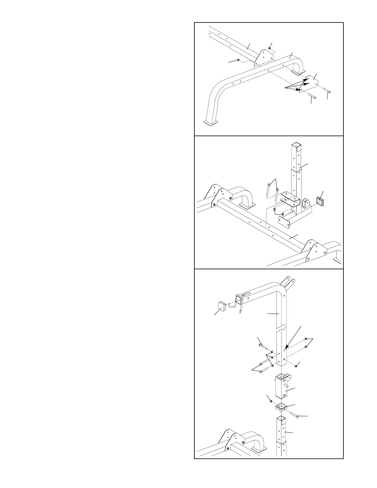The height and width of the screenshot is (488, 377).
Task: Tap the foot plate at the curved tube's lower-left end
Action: pos(211,123)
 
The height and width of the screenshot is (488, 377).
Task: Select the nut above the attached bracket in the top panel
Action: pos(270,48)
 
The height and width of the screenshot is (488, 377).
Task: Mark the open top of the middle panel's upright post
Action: pos(296,144)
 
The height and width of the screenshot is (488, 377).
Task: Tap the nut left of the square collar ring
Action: pos(271,401)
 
